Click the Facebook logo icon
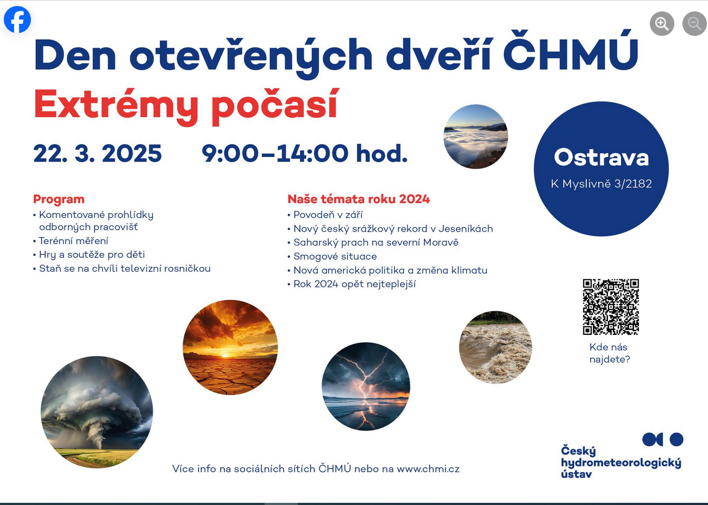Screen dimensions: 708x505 click(x=17, y=19)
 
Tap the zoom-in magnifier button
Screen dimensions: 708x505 click(x=662, y=23)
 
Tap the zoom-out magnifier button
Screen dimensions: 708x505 click(x=694, y=23)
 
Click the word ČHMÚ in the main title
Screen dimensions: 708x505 click(x=571, y=51)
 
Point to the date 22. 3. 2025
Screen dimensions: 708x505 click(x=97, y=154)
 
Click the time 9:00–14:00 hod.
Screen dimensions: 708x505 click(x=304, y=153)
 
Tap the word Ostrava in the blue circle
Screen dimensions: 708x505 click(x=601, y=158)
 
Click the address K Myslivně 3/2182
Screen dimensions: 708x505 click(x=601, y=184)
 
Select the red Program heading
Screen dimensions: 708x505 click(x=59, y=199)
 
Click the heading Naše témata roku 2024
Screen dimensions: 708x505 click(x=359, y=199)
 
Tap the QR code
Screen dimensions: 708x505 click(x=611, y=307)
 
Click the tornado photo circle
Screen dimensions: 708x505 click(x=97, y=412)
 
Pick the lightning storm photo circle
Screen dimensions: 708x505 click(x=366, y=386)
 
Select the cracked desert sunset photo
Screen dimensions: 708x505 click(x=230, y=347)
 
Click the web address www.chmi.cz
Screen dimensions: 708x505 click(x=428, y=469)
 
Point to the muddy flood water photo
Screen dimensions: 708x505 click(x=496, y=347)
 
